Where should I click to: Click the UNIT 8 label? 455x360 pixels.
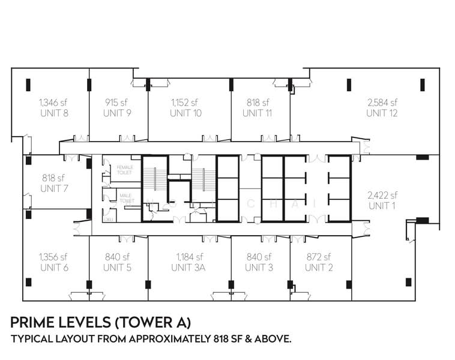[53, 113]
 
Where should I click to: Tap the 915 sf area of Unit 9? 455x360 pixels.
[117, 102]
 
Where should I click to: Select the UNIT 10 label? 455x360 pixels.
[185, 113]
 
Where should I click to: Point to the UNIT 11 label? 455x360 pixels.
[258, 113]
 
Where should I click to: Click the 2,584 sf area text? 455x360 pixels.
[382, 102]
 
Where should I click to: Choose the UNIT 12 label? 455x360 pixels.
[382, 113]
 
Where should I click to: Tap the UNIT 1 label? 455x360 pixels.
[382, 206]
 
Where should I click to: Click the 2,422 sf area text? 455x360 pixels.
[382, 195]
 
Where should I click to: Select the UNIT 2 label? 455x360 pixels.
[319, 268]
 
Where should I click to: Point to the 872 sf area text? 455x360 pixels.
[319, 257]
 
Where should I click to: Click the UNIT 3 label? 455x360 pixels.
[259, 268]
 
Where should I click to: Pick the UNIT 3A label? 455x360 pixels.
[188, 268]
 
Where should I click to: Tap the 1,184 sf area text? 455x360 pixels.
[188, 257]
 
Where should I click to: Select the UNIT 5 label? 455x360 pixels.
[117, 268]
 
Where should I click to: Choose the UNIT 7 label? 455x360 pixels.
[53, 188]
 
